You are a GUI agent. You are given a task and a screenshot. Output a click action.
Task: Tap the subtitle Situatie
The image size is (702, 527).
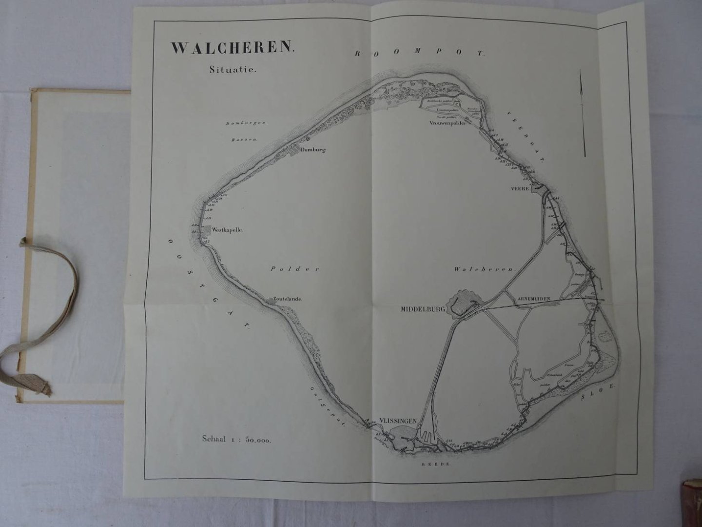(x=233, y=70)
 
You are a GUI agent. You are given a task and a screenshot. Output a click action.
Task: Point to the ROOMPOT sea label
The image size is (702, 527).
(x=419, y=54)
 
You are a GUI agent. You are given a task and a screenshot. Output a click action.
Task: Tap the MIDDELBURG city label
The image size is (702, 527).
(x=422, y=309)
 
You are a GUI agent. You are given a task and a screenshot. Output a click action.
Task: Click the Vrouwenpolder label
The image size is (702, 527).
(x=448, y=123)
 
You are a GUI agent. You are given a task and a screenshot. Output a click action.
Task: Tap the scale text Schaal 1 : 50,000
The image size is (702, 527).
(x=236, y=439)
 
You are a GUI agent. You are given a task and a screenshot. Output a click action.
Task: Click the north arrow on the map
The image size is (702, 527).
(x=583, y=112)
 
